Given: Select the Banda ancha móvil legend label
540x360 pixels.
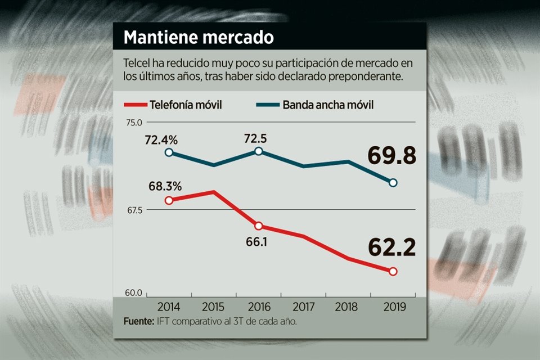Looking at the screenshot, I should [328, 105].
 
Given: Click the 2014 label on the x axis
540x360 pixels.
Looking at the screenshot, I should [169, 307].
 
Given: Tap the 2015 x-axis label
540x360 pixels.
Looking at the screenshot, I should [213, 307].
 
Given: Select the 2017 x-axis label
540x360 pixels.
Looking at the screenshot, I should [303, 307].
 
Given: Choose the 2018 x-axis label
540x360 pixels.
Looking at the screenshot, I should [348, 307].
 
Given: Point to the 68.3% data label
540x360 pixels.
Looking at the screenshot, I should [165, 186].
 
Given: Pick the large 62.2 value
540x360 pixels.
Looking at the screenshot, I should [392, 247].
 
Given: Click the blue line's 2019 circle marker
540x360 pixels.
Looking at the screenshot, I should [393, 182].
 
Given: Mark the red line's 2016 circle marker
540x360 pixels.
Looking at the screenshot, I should [258, 226].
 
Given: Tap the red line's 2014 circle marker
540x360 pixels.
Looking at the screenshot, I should [169, 200].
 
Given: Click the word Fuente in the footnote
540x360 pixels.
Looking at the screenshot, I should [138, 322].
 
